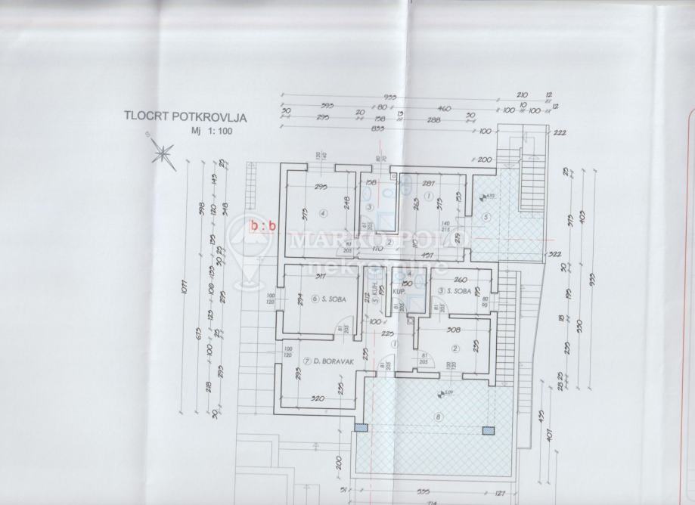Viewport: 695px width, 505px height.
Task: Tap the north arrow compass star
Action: coord(161,154)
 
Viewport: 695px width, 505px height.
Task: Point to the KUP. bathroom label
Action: coord(399,290)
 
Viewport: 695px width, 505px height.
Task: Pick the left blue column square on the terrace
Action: coord(364,429)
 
